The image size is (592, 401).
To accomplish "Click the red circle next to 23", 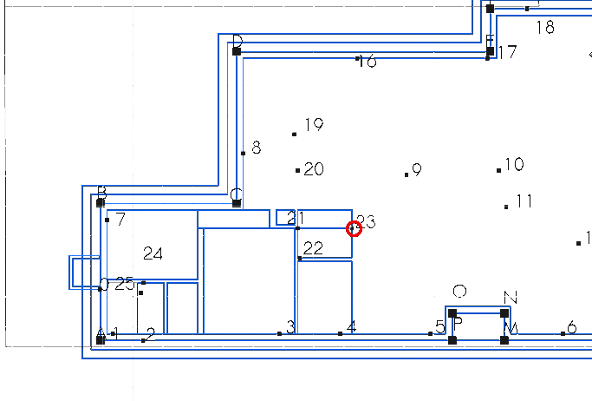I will tap(353, 228).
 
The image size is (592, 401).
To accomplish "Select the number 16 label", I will tap(368, 62).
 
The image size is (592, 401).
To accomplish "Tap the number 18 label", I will tap(545, 28).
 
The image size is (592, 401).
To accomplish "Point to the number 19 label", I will tap(314, 125).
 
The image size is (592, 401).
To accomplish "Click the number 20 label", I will tap(314, 169).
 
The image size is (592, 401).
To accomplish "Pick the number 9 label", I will tap(417, 170).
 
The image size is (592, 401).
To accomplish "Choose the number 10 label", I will tap(514, 164).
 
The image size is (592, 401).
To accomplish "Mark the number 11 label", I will tap(524, 201).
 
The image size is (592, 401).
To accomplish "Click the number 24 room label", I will tap(153, 253).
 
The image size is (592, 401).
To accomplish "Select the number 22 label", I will tap(313, 249).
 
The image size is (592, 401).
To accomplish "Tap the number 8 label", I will tap(256, 148).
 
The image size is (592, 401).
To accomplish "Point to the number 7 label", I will tap(120, 220).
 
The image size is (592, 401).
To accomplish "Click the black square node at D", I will tap(237, 51).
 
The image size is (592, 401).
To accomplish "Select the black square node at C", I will tap(237, 203).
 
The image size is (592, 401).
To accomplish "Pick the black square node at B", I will tap(101, 202).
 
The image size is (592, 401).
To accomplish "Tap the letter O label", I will tap(460, 291).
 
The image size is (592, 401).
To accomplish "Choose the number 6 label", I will tap(571, 328).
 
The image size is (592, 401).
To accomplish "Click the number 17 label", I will tap(508, 53).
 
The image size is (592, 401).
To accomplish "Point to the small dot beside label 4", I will tap(340, 333).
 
